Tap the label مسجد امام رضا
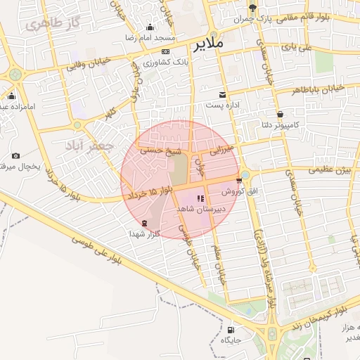click(150, 36)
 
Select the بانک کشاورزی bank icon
click(165, 51)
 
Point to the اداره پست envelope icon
click(223, 95)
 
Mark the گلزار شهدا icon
click(144, 223)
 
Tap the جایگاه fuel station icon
click(231, 329)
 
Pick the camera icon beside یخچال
click(15, 155)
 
